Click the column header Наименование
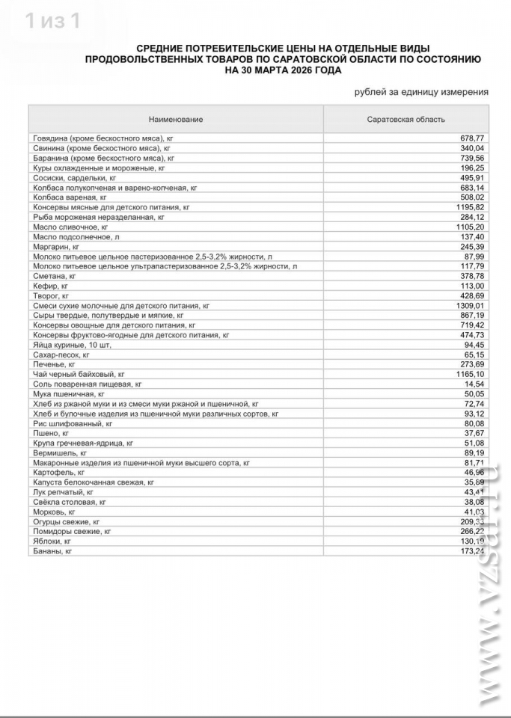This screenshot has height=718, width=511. [176, 120]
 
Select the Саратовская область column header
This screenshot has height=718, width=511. [406, 120]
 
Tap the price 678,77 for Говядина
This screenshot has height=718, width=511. [471, 138]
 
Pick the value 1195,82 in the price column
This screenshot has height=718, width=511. [470, 206]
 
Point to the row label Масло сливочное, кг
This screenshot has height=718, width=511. [71, 226]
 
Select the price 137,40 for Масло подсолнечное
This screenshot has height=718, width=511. [471, 236]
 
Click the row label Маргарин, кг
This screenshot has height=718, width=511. [57, 246]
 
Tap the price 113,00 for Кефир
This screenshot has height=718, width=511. [471, 285]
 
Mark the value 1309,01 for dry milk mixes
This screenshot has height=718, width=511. [470, 305]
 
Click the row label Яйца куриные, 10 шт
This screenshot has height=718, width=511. [73, 345]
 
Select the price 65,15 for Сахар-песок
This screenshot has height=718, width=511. [474, 355]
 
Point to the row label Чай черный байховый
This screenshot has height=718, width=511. [79, 373]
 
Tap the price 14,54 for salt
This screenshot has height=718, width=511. [474, 383]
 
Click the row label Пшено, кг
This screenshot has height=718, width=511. [51, 433]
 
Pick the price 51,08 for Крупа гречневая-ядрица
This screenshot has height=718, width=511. [474, 443]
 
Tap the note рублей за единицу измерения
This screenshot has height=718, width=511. [421, 92]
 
